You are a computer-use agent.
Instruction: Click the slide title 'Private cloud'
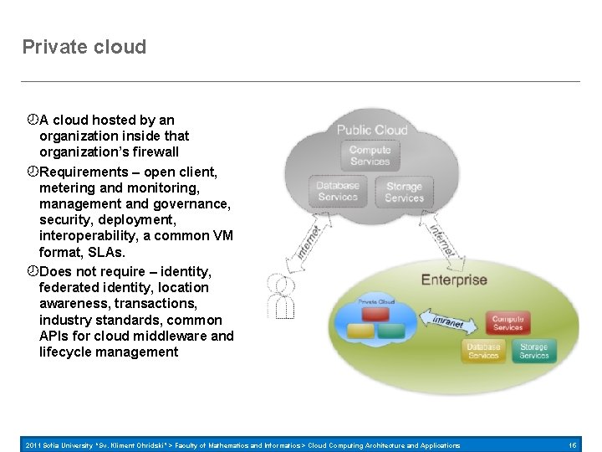(84, 47)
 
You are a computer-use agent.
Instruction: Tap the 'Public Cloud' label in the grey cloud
(372, 130)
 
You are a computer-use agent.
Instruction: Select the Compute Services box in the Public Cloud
(370, 156)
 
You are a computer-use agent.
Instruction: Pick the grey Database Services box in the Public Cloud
(338, 192)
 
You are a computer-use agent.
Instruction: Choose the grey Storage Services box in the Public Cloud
(404, 193)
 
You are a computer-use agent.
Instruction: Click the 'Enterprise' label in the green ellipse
(454, 280)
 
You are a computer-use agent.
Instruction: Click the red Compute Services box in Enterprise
(508, 323)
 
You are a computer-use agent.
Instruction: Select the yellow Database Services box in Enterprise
(483, 351)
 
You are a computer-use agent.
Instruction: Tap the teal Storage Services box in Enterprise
(533, 351)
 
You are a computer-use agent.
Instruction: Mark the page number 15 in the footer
(573, 445)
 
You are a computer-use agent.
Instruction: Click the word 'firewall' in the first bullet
(151, 152)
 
